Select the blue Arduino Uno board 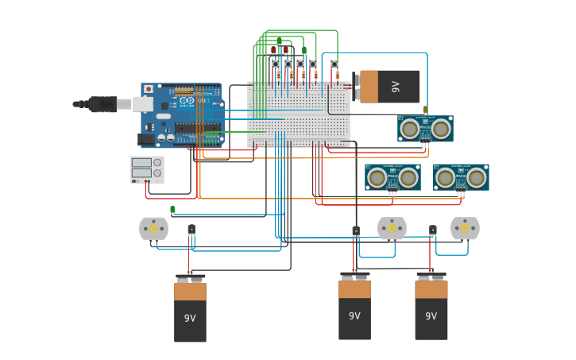pos(182,115)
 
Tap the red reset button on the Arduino pos(149,89)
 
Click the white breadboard pos(299,115)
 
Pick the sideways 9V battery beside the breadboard pos(387,87)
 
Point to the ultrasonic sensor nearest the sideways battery pos(425,129)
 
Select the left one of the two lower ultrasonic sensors pos(392,177)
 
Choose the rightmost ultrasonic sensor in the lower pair pos(461,177)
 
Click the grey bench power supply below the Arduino pos(147,169)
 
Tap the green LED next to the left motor pos(172,210)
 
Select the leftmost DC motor pos(153,229)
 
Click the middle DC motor pos(392,228)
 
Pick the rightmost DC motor pos(465,228)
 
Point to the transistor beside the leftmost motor pos(191,230)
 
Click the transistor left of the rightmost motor pos(433,230)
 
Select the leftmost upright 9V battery pos(190,310)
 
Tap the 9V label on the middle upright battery pos(354,315)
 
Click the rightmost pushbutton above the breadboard pos(334,64)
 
